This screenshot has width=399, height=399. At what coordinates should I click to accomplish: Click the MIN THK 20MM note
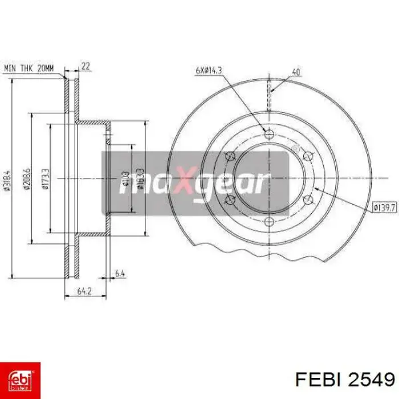[29, 68]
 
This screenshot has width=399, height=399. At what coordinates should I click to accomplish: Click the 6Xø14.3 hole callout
[209, 71]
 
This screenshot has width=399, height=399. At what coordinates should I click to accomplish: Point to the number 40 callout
[296, 72]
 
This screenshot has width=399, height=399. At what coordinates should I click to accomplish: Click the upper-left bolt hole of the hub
[231, 156]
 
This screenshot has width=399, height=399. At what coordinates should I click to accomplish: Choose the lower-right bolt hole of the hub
[308, 199]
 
